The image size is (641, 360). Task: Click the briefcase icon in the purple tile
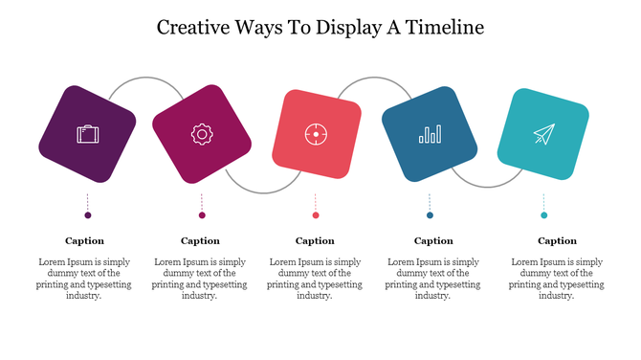87,134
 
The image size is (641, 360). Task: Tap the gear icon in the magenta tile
201,134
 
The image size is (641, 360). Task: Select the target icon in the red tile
316,134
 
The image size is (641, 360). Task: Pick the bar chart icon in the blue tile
430,134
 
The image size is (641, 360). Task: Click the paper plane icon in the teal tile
543,134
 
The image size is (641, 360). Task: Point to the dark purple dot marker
87,215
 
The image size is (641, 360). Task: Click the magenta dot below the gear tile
202,215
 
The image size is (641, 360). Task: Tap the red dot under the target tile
316,215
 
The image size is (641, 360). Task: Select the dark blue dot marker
430,215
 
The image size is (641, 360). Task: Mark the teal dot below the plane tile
543,215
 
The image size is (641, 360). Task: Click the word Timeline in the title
444,27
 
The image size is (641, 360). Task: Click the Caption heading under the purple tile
84,241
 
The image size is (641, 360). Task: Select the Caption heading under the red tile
315,241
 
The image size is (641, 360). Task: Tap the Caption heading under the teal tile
557,241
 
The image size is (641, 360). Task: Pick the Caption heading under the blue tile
433,241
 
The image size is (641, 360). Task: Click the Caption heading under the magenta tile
200,241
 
